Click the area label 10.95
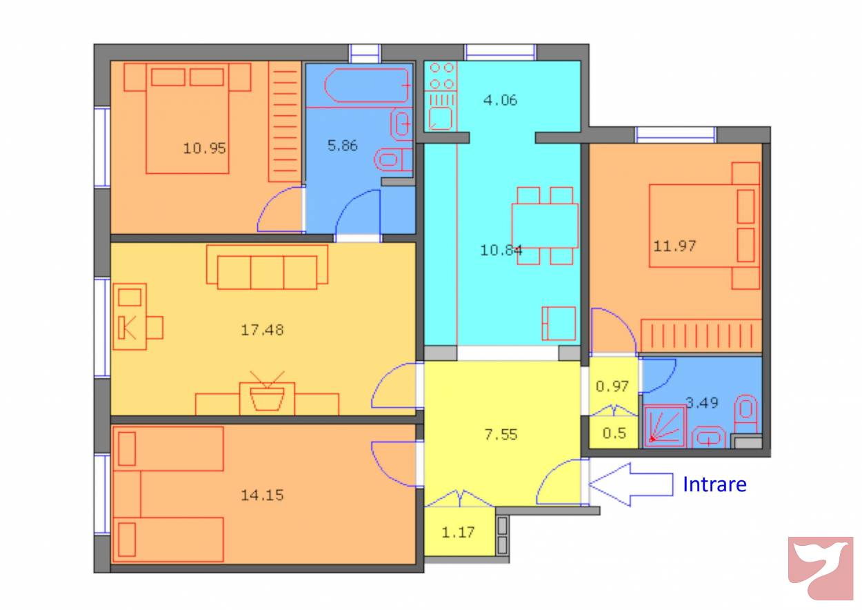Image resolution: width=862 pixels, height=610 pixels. pyautogui.click(x=204, y=148)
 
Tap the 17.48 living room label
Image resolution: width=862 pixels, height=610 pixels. pyautogui.click(x=262, y=330)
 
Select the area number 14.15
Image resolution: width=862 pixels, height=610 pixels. pyautogui.click(x=262, y=495)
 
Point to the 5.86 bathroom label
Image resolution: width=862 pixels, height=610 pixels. pyautogui.click(x=343, y=146)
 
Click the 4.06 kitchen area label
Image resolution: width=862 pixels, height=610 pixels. pyautogui.click(x=500, y=100)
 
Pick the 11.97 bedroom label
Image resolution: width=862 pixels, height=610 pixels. pyautogui.click(x=674, y=246)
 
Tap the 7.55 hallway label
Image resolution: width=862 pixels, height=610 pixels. pyautogui.click(x=501, y=435)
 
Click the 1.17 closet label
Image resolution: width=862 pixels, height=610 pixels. pyautogui.click(x=458, y=533)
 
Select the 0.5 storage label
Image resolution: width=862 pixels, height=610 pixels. pyautogui.click(x=614, y=433)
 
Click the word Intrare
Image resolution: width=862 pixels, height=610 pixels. pyautogui.click(x=714, y=484)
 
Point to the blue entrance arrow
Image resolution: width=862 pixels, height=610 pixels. pyautogui.click(x=631, y=484)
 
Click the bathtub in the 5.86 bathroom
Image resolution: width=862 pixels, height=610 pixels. pyautogui.click(x=368, y=86)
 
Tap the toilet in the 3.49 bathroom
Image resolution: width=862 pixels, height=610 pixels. pyautogui.click(x=745, y=413)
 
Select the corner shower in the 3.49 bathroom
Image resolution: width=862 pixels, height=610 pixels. pyautogui.click(x=665, y=426)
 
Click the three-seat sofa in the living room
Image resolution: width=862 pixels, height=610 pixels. pyautogui.click(x=267, y=267)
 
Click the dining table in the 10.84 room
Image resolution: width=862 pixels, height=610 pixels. pyautogui.click(x=545, y=226)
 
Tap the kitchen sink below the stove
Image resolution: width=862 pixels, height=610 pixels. pyautogui.click(x=440, y=119)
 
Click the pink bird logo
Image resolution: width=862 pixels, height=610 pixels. pyautogui.click(x=821, y=568)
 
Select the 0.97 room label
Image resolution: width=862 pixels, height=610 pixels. pyautogui.click(x=612, y=386)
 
